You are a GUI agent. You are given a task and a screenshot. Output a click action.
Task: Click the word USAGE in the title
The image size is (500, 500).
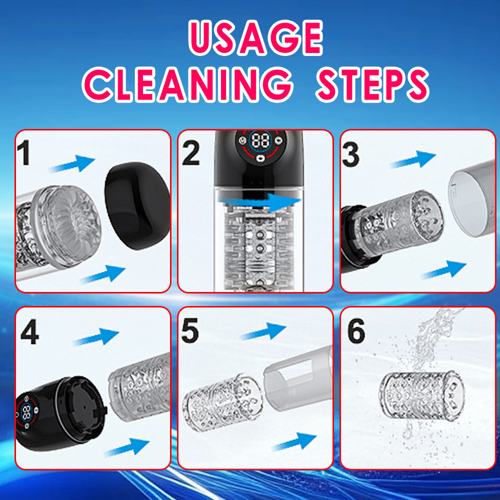pyautogui.click(x=255, y=37)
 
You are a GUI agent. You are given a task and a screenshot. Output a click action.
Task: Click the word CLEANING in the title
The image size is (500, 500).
pyautogui.click(x=187, y=84)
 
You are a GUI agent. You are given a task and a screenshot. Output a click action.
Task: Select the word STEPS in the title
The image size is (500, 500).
pyautogui.click(x=372, y=84)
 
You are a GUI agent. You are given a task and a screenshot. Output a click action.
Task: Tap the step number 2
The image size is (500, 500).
pyautogui.click(x=190, y=153)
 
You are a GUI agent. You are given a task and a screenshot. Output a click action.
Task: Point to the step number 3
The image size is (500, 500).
pyautogui.click(x=351, y=154)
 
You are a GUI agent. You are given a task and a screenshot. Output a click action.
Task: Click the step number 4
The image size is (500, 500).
pyautogui.click(x=29, y=332)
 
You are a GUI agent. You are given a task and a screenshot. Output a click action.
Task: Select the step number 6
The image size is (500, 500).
pyautogui.click(x=356, y=331)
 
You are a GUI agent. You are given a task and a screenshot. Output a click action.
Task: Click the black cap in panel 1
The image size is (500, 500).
pyautogui.click(x=137, y=205)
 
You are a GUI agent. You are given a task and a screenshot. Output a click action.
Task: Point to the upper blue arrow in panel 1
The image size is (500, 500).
pyautogui.click(x=72, y=163)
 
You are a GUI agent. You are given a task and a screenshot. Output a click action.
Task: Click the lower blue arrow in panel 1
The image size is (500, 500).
pyautogui.click(x=103, y=274)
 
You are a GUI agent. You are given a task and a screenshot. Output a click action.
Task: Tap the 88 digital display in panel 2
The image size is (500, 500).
pyautogui.click(x=260, y=140)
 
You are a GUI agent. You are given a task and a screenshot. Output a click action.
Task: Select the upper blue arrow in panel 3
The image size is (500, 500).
pyautogui.click(x=413, y=159)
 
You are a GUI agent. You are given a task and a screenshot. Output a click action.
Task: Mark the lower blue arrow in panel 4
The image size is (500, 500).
pyautogui.click(x=126, y=446)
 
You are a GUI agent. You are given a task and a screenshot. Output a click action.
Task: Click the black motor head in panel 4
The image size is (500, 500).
pyautogui.click(x=60, y=413)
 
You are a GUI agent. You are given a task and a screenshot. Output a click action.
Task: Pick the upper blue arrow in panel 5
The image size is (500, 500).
pyautogui.click(x=263, y=331)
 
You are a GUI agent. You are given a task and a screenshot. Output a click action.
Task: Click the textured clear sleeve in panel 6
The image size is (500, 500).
pyautogui.click(x=421, y=395)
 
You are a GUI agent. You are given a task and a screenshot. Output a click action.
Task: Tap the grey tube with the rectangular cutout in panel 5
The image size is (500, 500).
pyautogui.click(x=298, y=378)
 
